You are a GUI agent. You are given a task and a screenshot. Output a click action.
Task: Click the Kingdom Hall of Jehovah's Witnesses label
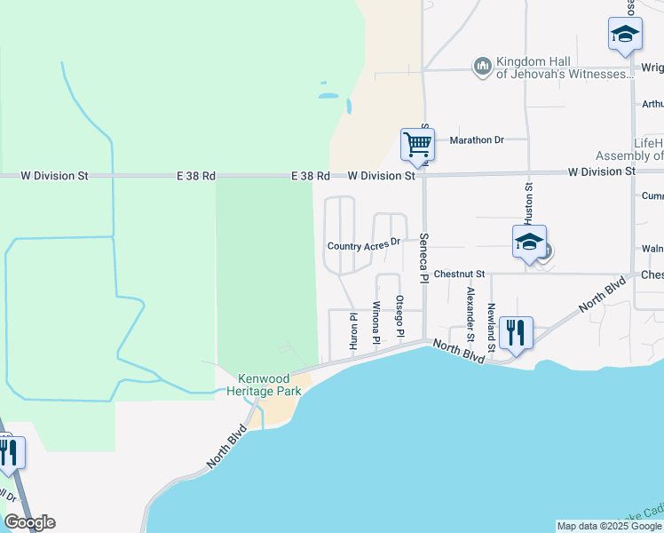pos(563,68)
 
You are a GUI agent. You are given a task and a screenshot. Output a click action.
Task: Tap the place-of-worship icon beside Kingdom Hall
pos(483,67)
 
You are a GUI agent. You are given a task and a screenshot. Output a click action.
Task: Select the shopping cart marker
pos(417,144)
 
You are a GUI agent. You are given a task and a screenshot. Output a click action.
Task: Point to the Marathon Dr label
pos(477,140)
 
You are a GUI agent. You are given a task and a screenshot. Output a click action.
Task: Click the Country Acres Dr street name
pos(365,244)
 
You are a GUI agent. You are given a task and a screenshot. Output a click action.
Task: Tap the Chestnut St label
pos(459,274)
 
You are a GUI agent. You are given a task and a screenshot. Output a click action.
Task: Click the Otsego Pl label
pos(399,316)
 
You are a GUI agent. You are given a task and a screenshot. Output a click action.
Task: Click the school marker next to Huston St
pos(529,243)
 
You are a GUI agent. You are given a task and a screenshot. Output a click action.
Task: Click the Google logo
pos(29,522)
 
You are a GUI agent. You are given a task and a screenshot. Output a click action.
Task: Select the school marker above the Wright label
pos(625,36)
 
